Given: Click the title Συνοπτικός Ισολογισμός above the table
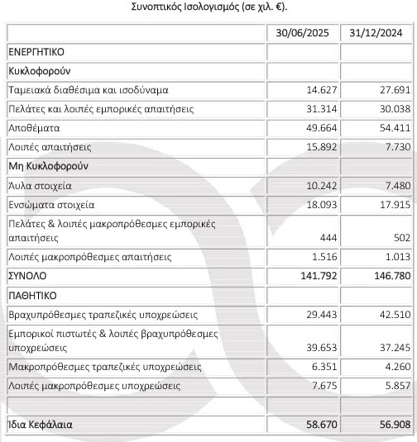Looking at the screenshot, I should (x=208, y=7).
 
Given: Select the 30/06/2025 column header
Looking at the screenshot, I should (x=303, y=33).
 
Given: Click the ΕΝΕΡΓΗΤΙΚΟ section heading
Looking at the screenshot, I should (x=40, y=52).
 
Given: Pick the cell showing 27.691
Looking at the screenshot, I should (x=387, y=89).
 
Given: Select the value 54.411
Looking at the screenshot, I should (x=387, y=128).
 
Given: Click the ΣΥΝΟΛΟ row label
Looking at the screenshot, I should (x=30, y=277).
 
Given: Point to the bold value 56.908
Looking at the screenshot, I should (x=387, y=426).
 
